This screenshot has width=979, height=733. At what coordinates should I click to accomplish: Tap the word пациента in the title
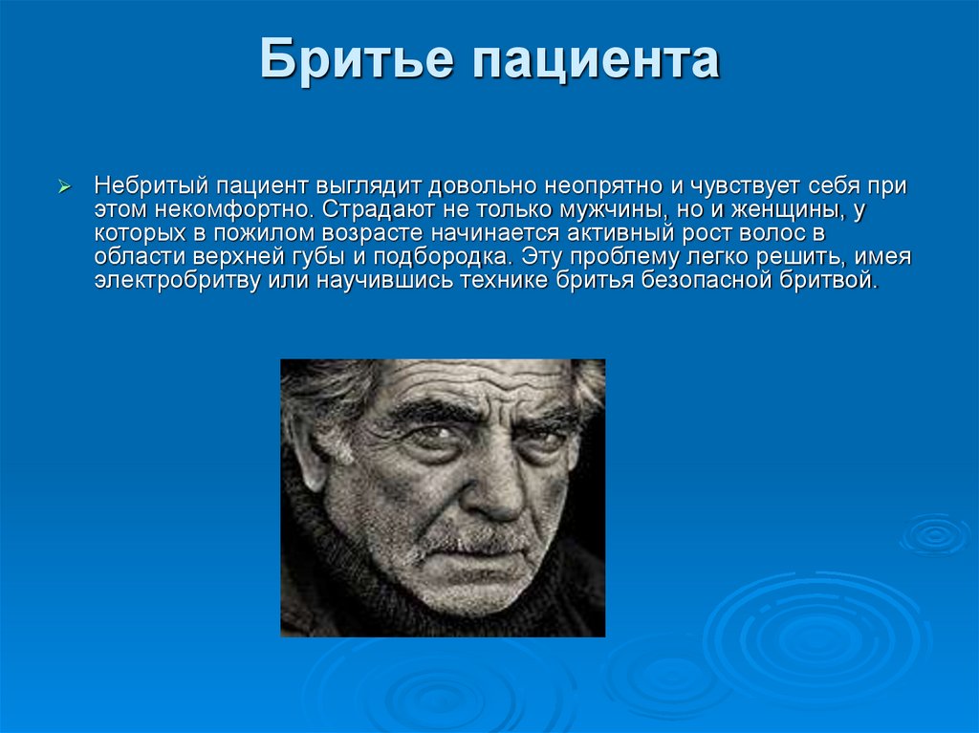(593, 61)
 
